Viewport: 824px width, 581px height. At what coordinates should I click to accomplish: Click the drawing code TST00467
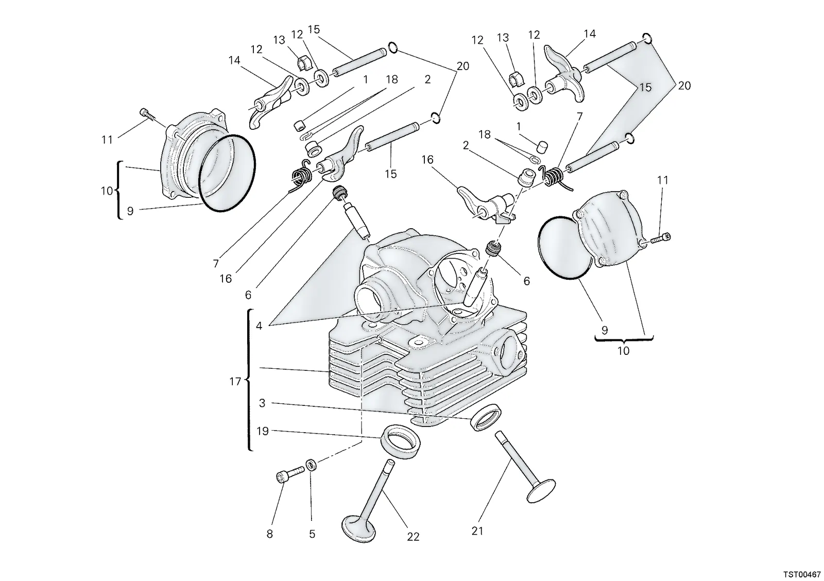pos(801,574)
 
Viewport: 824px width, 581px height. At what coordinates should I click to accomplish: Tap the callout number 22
pos(413,537)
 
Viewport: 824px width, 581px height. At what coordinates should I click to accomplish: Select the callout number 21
pos(477,531)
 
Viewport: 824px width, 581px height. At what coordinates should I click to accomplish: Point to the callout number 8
pos(270,534)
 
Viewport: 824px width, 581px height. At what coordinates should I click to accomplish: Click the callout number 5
pos(312,534)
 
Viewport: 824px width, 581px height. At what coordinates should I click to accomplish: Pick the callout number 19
pos(262,431)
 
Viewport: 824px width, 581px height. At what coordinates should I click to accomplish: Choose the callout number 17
pos(235,382)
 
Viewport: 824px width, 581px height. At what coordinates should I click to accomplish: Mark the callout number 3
pos(262,403)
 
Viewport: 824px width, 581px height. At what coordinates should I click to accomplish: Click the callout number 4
pos(259,326)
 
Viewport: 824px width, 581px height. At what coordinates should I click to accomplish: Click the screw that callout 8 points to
pos(290,473)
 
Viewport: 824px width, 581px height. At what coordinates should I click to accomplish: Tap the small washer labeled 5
pos(311,465)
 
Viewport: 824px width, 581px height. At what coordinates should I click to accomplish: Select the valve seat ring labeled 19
pos(400,441)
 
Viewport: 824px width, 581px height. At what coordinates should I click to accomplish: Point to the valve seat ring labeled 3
pos(485,417)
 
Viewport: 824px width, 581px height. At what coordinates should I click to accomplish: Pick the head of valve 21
pos(541,490)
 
